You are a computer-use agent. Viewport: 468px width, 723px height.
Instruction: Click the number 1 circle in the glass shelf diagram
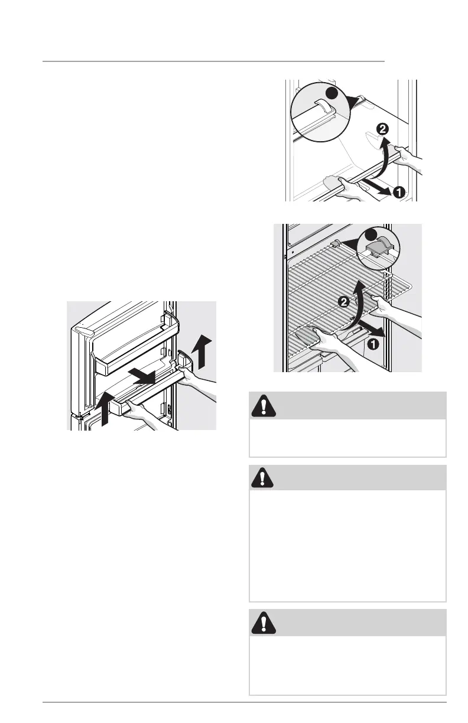pyautogui.click(x=398, y=193)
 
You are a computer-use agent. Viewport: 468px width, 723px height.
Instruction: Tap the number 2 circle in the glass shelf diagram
pyautogui.click(x=382, y=129)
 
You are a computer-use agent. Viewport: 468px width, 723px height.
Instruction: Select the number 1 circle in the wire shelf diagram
pyautogui.click(x=373, y=344)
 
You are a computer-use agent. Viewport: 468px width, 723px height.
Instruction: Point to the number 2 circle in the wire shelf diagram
pyautogui.click(x=344, y=302)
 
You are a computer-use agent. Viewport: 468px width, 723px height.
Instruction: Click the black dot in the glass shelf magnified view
pyautogui.click(x=331, y=93)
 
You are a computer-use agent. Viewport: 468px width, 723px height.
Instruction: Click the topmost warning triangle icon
pyautogui.click(x=264, y=406)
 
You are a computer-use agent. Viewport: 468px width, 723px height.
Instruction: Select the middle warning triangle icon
pyautogui.click(x=262, y=478)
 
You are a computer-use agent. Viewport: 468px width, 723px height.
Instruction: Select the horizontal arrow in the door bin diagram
pyautogui.click(x=141, y=376)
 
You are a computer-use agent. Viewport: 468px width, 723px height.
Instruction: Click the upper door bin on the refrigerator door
pyautogui.click(x=136, y=346)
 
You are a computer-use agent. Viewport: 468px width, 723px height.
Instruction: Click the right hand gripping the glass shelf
pyautogui.click(x=407, y=157)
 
